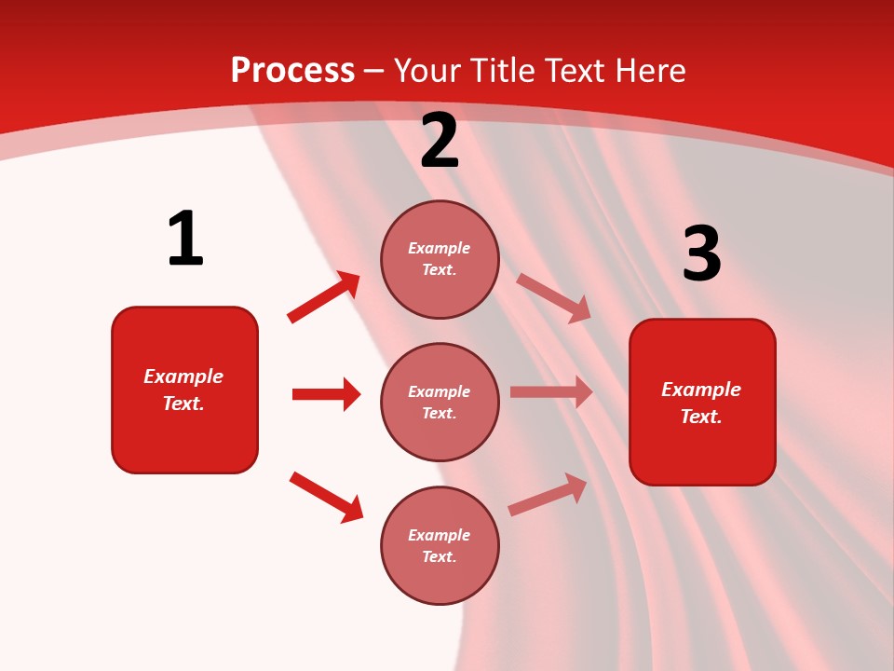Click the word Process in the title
click(x=292, y=71)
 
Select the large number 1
click(x=185, y=239)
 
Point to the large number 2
click(x=440, y=142)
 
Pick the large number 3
click(x=701, y=254)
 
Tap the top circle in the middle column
click(x=440, y=259)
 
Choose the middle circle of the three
click(x=440, y=402)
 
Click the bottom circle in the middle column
click(x=440, y=545)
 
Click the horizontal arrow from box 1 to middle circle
click(x=326, y=394)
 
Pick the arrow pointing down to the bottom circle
click(x=326, y=497)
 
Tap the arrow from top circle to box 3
click(x=554, y=297)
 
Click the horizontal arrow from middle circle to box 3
click(x=551, y=392)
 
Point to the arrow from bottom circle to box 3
click(x=548, y=495)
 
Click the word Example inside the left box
click(x=183, y=377)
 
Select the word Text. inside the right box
click(x=701, y=417)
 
